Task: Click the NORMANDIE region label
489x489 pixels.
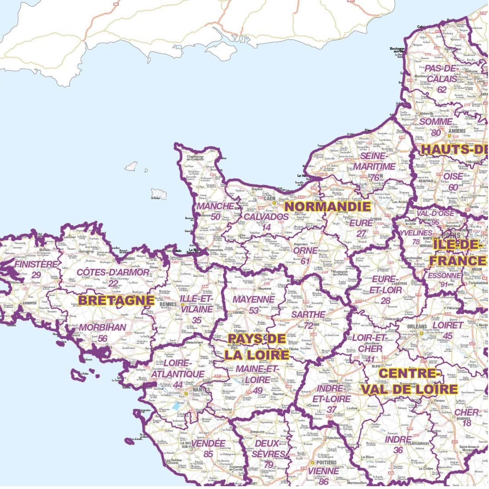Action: click(328, 207)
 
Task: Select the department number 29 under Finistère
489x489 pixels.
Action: click(36, 275)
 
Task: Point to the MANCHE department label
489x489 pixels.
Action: click(215, 206)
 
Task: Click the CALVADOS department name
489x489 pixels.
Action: click(266, 217)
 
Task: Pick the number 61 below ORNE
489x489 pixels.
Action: click(305, 261)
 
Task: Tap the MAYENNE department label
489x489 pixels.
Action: click(254, 299)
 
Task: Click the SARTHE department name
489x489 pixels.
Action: click(308, 314)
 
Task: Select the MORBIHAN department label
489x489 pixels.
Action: click(102, 327)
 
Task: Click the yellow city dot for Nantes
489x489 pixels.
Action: click(186, 394)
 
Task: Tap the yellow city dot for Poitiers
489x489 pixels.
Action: click(313, 462)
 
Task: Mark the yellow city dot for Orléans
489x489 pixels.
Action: click(421, 333)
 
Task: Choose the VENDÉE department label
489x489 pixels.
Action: click(208, 443)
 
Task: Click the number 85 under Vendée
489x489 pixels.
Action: click(208, 454)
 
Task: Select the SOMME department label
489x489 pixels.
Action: click(436, 121)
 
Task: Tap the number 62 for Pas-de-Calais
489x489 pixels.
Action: click(442, 90)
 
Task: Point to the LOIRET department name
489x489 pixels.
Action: click(448, 325)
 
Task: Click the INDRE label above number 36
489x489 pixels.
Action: click(398, 439)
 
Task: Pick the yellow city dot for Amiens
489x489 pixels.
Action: click(450, 136)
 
